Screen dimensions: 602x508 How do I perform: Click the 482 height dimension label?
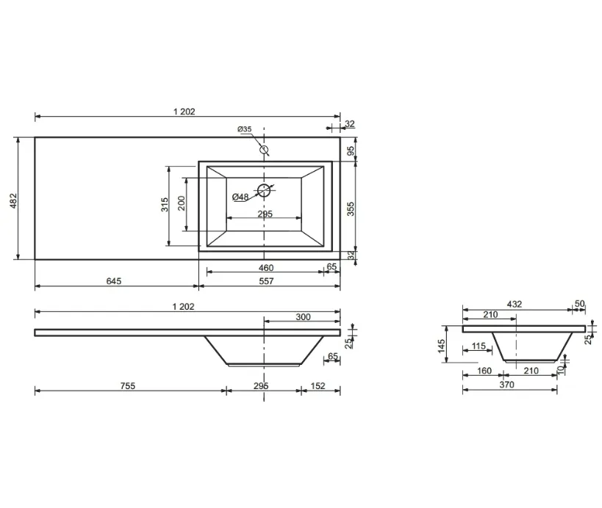point(13,200)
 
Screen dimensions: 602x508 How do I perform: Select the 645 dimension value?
point(114,281)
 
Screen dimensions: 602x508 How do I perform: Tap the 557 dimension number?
point(266,281)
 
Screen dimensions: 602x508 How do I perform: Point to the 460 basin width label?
point(266,268)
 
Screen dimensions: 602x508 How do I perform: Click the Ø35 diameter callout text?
point(245,129)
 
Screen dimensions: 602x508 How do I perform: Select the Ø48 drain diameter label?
point(240,197)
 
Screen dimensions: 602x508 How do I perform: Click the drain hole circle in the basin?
point(264,190)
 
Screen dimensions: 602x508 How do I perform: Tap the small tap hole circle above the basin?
point(264,149)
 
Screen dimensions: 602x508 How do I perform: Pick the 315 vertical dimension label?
point(165,204)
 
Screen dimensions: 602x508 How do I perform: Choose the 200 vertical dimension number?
point(182,203)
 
